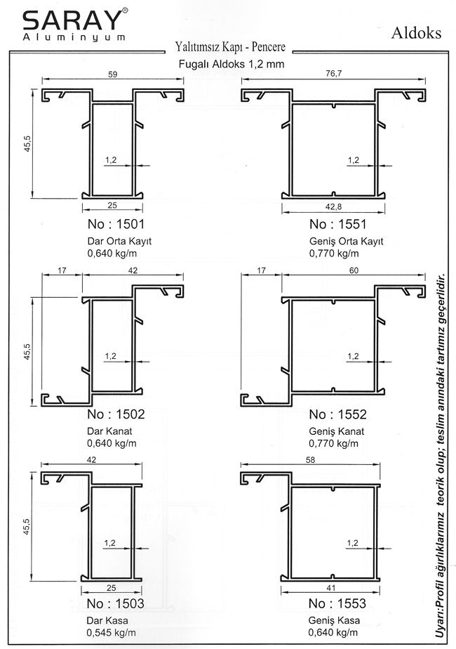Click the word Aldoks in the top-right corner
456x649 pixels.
pos(416,33)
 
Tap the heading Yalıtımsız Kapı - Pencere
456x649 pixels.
pos(230,47)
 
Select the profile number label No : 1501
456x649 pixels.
pos(116,224)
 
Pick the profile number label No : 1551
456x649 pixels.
pos(337,224)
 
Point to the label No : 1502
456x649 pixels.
pos(116,414)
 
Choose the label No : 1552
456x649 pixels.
pos(337,414)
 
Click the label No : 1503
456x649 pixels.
pos(116,603)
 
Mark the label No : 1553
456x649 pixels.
pos(337,603)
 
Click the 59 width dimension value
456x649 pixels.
pos(112,74)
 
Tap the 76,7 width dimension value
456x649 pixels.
pos(334,74)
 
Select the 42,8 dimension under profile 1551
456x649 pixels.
pos(334,207)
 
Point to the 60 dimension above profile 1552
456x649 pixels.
pos(354,270)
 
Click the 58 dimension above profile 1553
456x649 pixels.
pos(310,460)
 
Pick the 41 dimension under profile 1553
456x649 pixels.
pos(330,588)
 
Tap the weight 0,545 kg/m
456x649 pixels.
pos(112,633)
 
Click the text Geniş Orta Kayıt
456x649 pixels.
pos(347,242)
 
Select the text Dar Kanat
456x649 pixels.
pos(109,431)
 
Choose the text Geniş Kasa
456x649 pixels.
pos(334,621)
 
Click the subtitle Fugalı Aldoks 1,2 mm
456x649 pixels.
pos(232,64)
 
